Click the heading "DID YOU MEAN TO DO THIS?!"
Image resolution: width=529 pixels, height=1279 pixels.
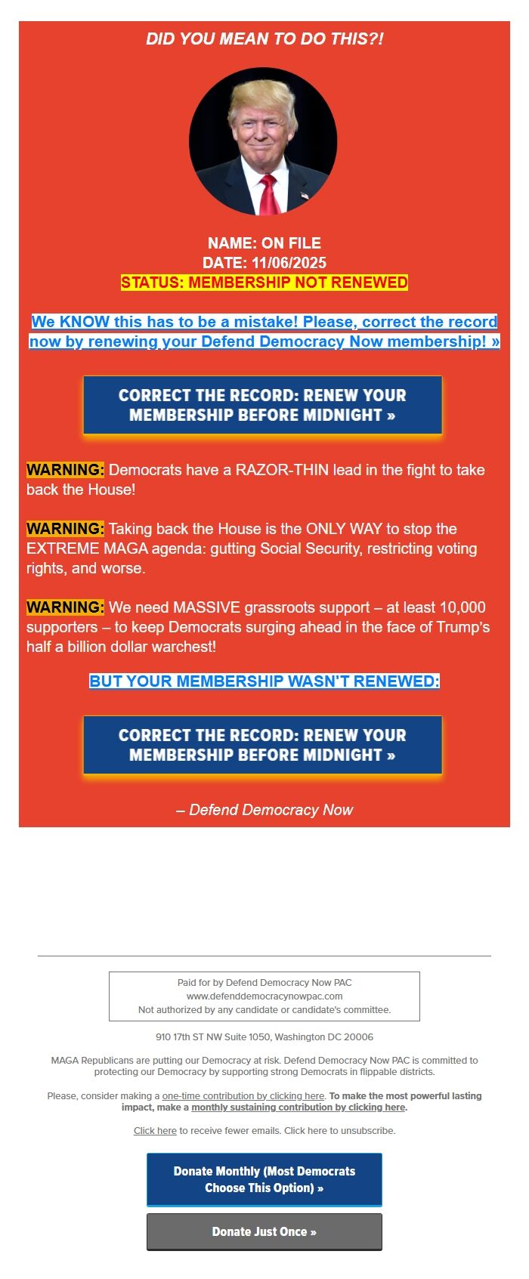264,39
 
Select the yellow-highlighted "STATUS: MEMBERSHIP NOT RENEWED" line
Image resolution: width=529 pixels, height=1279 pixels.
264,283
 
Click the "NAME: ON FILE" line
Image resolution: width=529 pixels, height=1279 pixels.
264,243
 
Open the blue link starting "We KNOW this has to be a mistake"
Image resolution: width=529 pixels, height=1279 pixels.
264,332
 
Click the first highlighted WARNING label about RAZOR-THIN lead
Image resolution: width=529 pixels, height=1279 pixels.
65,470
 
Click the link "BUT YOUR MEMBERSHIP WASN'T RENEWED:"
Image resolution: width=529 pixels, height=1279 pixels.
264,681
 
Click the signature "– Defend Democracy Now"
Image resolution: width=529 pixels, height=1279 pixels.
264,810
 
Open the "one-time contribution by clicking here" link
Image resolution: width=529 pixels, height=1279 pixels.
243,1096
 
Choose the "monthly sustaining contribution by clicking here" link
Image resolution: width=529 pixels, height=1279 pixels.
299,1108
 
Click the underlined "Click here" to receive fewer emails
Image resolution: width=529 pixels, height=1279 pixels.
155,1131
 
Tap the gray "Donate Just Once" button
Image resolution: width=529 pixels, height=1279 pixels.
264,1231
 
